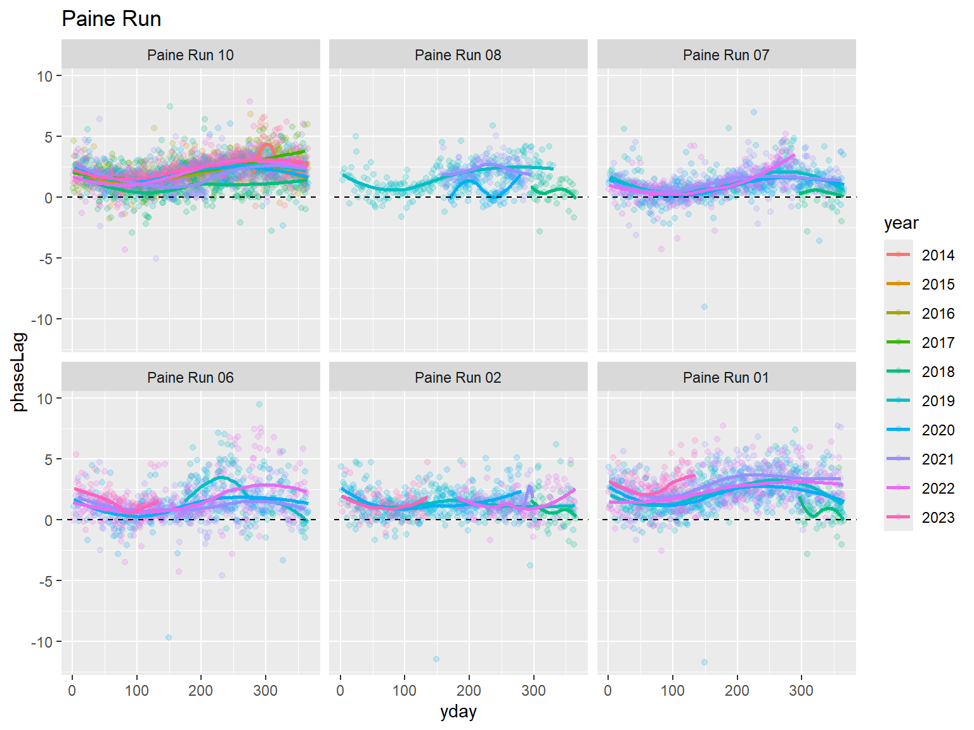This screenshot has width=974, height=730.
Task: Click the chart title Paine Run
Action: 112,19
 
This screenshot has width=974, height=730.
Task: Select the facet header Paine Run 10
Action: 190,55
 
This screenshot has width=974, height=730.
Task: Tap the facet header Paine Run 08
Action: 458,55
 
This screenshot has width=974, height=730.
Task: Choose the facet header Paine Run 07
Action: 726,55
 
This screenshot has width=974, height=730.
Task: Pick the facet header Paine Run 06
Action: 190,378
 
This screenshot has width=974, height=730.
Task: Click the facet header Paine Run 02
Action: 458,378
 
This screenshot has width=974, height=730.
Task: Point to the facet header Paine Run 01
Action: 726,378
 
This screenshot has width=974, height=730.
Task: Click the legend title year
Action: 901,223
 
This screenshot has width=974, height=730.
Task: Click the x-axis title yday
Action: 458,712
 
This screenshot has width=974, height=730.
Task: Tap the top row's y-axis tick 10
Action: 44,76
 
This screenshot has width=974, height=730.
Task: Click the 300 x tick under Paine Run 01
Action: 801,690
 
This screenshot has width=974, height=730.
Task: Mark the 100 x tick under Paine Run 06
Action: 136,690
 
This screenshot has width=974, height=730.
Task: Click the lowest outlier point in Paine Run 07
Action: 704,307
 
